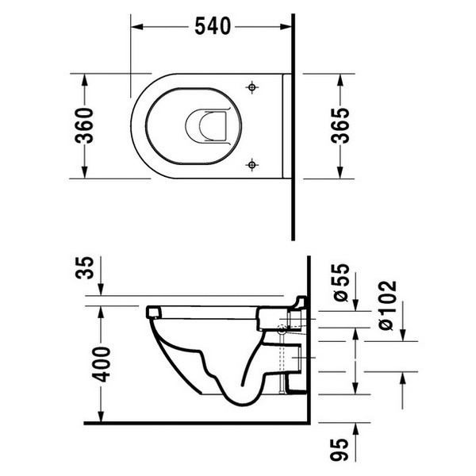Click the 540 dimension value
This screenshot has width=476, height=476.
point(212,26)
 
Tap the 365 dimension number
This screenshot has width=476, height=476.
point(340,125)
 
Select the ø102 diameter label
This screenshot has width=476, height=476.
point(389,305)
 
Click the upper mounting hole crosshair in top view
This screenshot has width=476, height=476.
point(251,86)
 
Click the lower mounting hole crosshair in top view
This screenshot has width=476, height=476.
point(251,164)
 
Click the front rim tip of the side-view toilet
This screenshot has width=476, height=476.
point(148,313)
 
